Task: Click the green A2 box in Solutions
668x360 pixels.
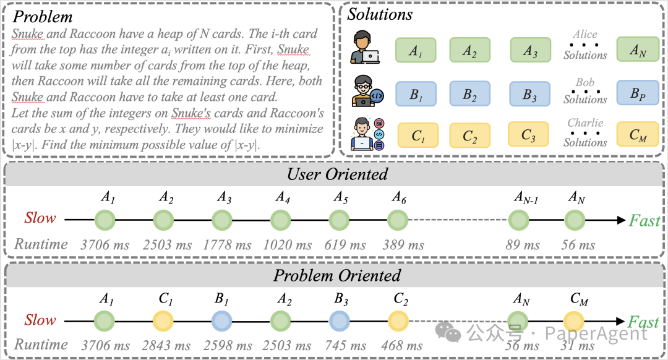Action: [x=470, y=51]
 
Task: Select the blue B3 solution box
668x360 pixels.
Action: [x=530, y=94]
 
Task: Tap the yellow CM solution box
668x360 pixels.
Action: [x=637, y=135]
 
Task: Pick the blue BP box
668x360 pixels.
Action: [x=637, y=94]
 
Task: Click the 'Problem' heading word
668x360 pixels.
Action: [x=42, y=16]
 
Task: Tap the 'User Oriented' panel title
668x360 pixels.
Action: [x=337, y=174]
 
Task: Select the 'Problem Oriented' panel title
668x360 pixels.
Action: [x=337, y=275]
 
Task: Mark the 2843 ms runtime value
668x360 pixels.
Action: [x=165, y=345]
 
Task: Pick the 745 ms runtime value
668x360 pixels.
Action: [x=340, y=345]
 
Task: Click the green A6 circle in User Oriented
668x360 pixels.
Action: [x=398, y=220]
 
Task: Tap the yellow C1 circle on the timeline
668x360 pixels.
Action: [x=164, y=321]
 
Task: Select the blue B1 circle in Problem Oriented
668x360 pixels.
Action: [x=222, y=321]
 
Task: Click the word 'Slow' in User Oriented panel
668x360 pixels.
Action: [x=40, y=218]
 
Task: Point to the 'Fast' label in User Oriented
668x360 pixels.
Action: [x=644, y=220]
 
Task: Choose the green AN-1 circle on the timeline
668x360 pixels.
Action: [x=518, y=220]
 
